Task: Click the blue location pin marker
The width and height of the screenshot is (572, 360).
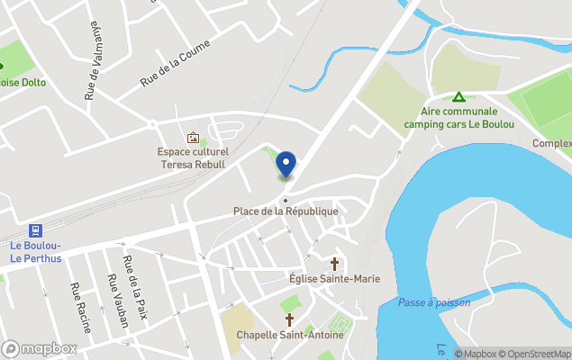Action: (286, 165)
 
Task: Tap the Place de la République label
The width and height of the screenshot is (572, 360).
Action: (286, 211)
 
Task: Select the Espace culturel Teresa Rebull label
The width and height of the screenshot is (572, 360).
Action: (194, 159)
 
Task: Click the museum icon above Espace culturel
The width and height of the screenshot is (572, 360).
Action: (192, 138)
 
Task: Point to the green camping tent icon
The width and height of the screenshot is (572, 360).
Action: (459, 97)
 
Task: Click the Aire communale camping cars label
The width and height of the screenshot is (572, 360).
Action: (459, 118)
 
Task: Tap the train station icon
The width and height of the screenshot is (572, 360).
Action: (36, 229)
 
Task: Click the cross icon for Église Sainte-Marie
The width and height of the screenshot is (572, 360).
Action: (335, 264)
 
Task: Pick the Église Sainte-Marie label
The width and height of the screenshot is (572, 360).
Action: (334, 279)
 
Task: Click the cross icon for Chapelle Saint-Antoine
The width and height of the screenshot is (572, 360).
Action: (290, 319)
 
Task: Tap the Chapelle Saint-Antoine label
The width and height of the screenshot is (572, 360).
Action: (290, 335)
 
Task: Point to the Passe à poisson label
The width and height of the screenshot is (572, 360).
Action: (434, 302)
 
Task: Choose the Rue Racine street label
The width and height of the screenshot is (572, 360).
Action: (77, 306)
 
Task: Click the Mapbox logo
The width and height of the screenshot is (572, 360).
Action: (40, 348)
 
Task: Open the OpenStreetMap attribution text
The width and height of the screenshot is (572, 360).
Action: (538, 354)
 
